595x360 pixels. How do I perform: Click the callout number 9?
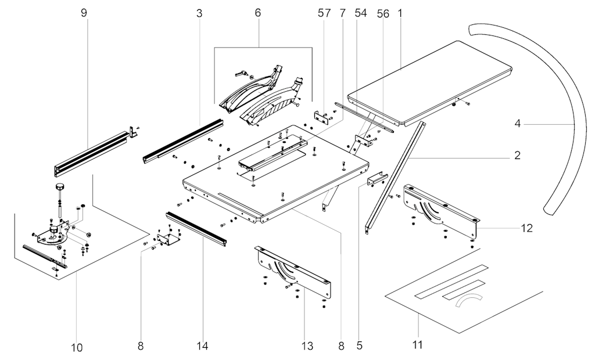[x=84, y=13]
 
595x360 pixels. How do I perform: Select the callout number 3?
[x=199, y=13]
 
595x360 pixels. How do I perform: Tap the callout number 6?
[x=258, y=13]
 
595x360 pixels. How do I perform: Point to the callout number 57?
[x=324, y=13]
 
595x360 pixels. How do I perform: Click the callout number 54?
[x=361, y=13]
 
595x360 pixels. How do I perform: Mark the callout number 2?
[x=517, y=155]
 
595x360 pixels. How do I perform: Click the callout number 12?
[x=526, y=228]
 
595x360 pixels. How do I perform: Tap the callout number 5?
[x=359, y=345]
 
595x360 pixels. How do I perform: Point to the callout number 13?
[x=307, y=347]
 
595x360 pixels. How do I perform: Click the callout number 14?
[x=202, y=347]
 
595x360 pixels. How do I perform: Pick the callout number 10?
[x=77, y=348]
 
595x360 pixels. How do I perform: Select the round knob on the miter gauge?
[x=59, y=186]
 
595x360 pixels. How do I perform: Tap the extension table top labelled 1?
[x=430, y=81]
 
